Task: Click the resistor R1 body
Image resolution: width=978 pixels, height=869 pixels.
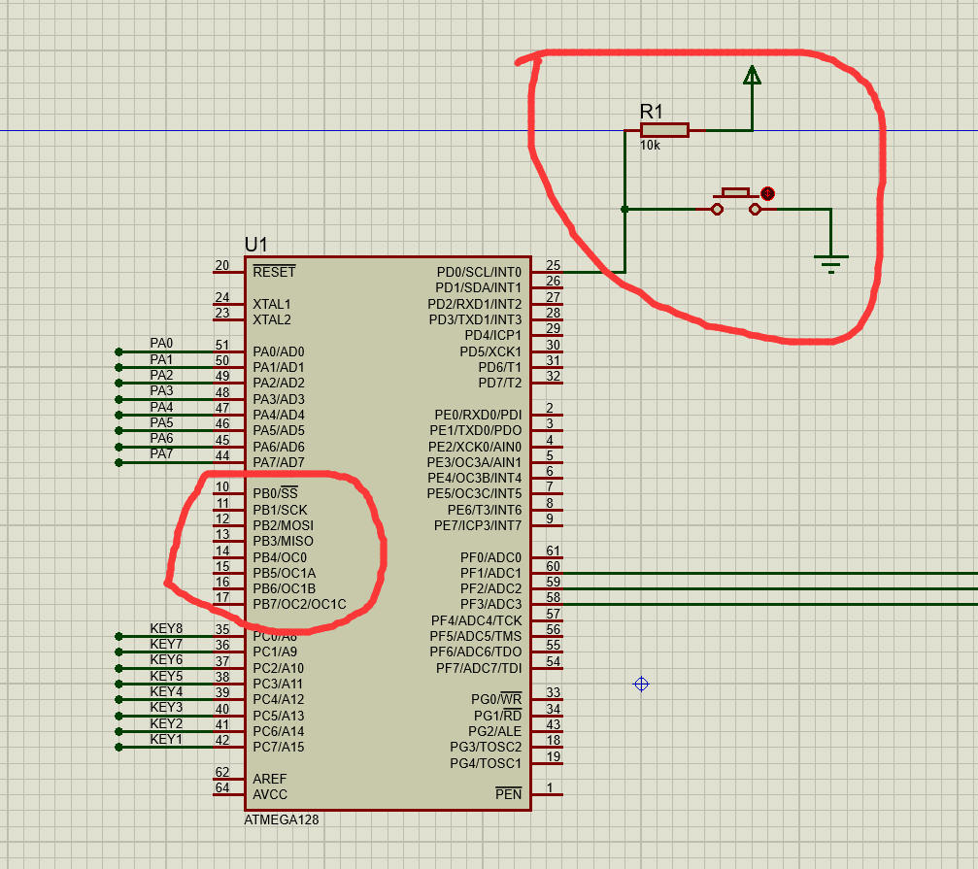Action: (x=664, y=130)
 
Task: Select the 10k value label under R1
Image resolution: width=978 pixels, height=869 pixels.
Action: (x=650, y=145)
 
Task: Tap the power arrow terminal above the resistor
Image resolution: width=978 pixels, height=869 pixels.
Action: (x=751, y=76)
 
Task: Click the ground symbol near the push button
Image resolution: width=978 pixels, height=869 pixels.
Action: (x=830, y=261)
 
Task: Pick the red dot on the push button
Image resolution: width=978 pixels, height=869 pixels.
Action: (x=767, y=193)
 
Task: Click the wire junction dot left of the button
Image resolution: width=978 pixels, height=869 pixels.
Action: (x=624, y=209)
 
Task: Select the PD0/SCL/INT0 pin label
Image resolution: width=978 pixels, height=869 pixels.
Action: (x=479, y=272)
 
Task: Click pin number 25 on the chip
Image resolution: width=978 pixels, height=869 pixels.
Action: (x=553, y=265)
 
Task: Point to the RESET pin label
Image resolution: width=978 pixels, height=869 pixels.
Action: (x=274, y=272)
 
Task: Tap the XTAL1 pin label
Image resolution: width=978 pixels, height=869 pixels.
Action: (x=272, y=304)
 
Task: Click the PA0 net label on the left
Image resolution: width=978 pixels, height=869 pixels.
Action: (x=161, y=344)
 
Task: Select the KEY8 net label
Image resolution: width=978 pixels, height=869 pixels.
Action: (x=166, y=628)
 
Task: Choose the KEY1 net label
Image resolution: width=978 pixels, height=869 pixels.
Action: (x=166, y=739)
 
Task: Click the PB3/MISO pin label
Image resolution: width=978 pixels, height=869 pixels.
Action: (x=283, y=541)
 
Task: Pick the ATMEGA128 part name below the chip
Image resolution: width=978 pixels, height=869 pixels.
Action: (x=282, y=819)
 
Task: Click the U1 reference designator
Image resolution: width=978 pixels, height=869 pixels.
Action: (x=255, y=245)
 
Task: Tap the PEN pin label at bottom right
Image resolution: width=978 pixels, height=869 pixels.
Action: (x=508, y=794)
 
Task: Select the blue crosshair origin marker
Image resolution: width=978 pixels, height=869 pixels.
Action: (x=641, y=685)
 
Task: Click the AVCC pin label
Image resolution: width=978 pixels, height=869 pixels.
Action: (x=270, y=794)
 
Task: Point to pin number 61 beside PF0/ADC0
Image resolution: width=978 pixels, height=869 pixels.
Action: (x=553, y=551)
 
